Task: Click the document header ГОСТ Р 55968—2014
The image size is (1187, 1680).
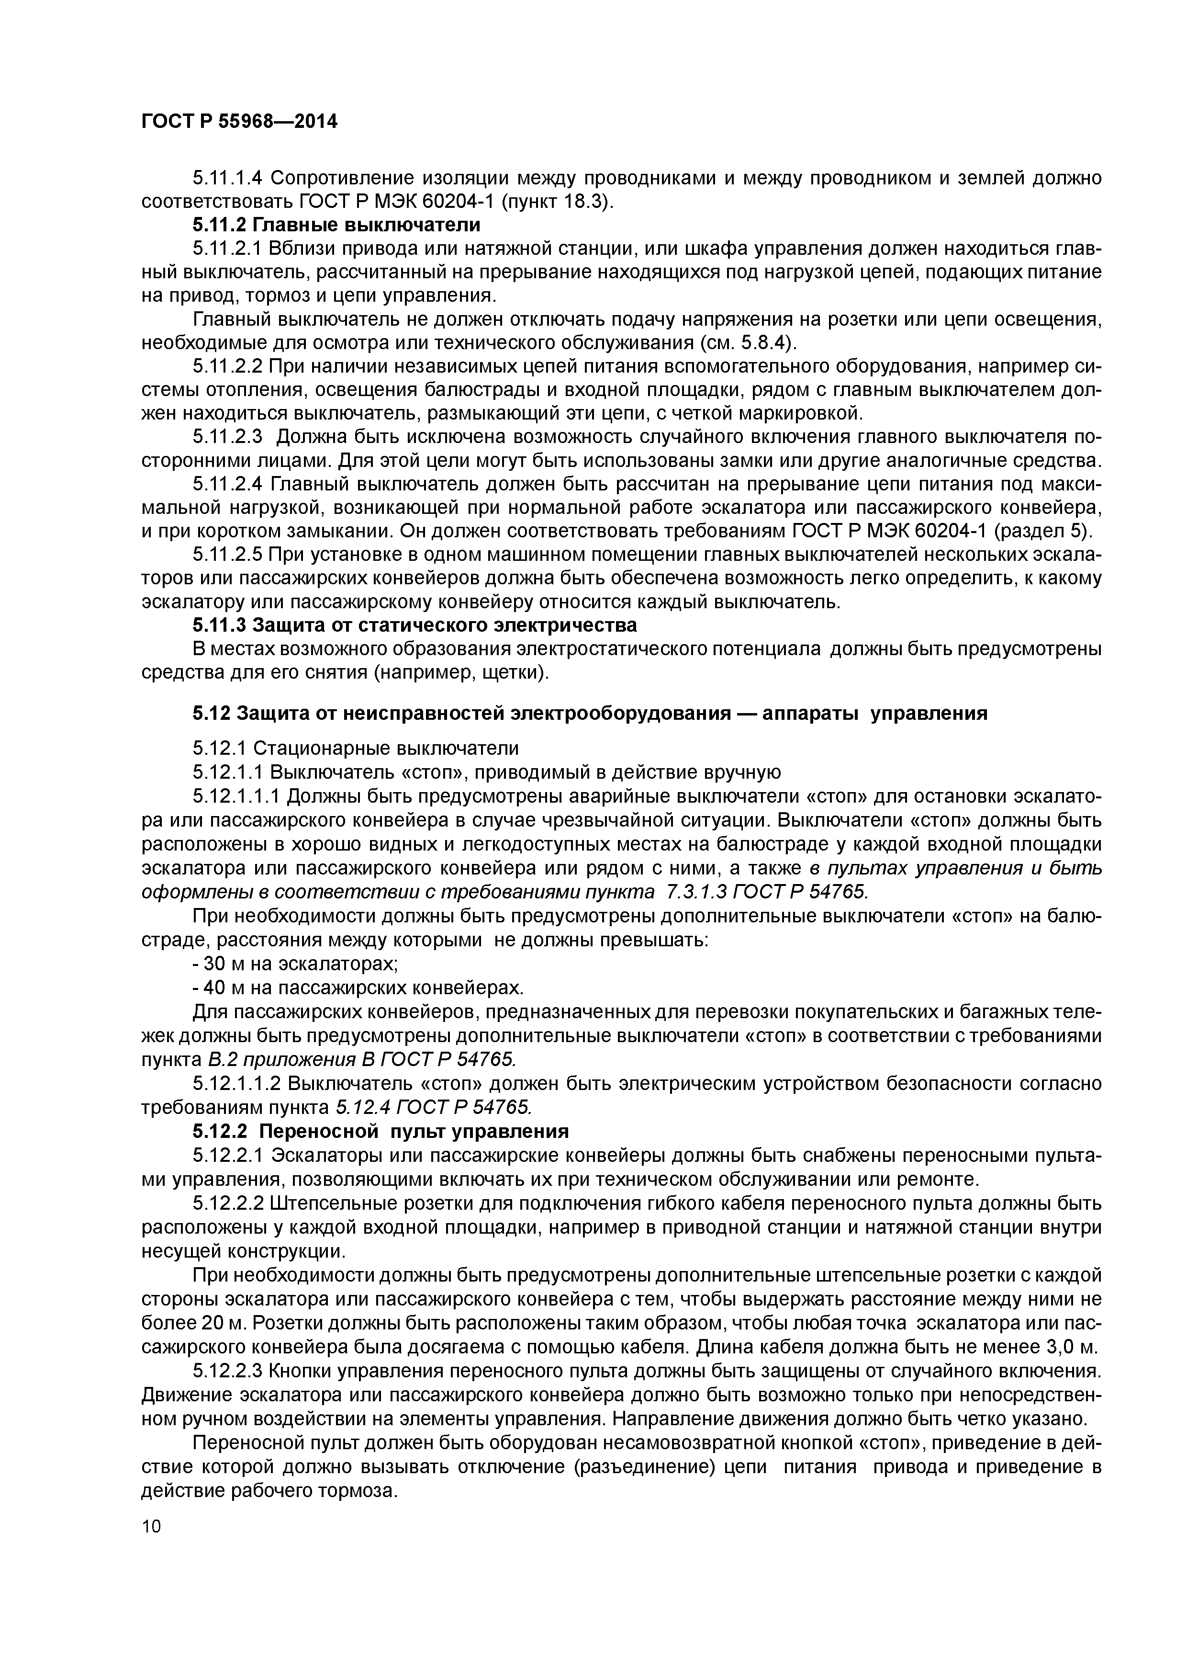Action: click(239, 122)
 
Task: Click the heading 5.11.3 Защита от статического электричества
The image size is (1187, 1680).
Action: click(414, 625)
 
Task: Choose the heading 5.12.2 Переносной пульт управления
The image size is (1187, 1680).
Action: click(381, 1131)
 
